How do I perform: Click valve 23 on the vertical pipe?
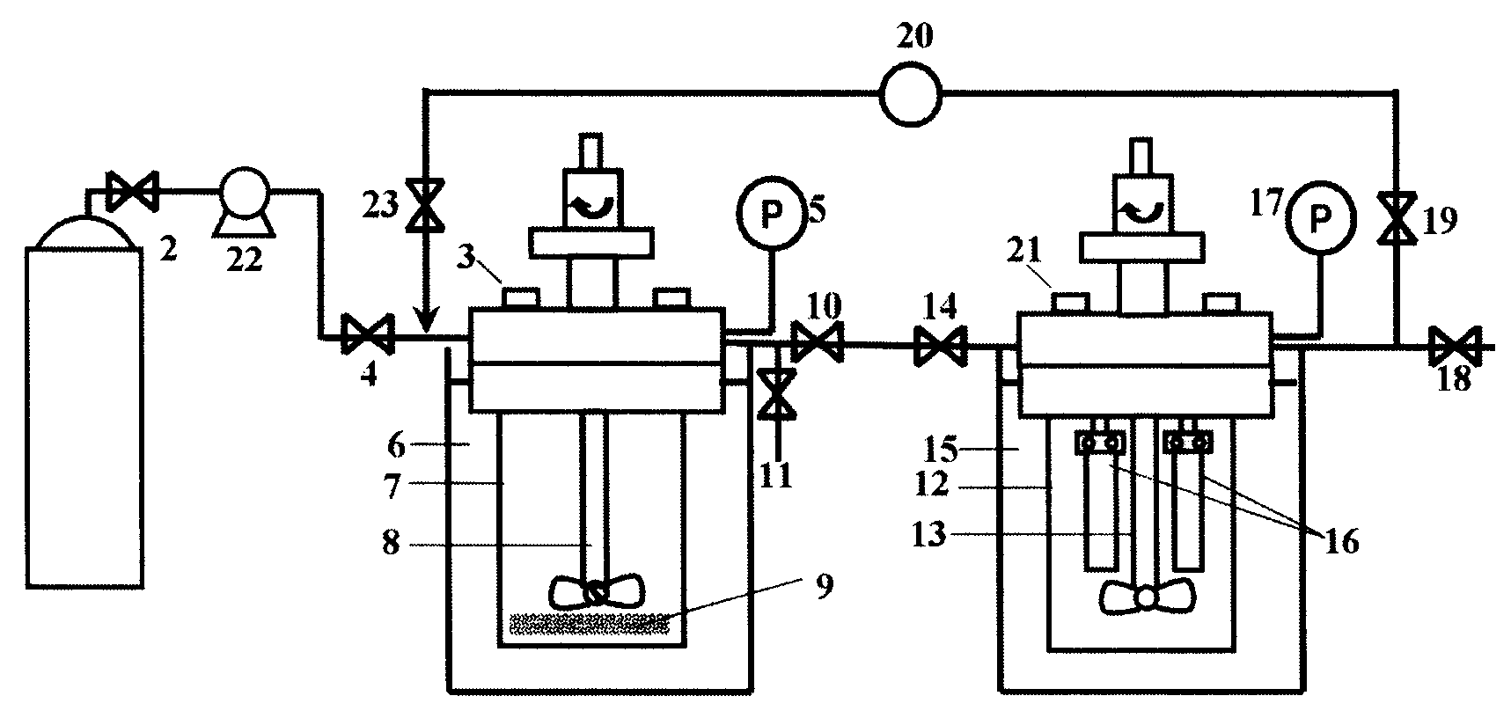point(425,206)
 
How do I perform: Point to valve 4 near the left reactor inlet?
point(367,335)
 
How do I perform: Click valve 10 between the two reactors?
point(817,341)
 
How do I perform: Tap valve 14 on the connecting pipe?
point(941,344)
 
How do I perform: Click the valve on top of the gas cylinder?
point(131,192)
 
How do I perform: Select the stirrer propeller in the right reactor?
point(1147,597)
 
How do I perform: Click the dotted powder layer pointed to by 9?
point(589,624)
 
